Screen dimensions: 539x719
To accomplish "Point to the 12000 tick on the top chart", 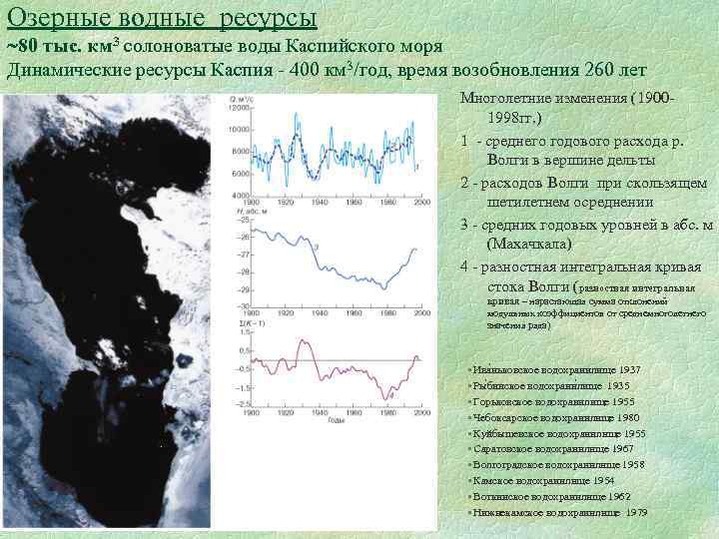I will tap(240, 107).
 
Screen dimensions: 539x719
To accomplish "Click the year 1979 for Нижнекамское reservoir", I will tap(636, 512).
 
